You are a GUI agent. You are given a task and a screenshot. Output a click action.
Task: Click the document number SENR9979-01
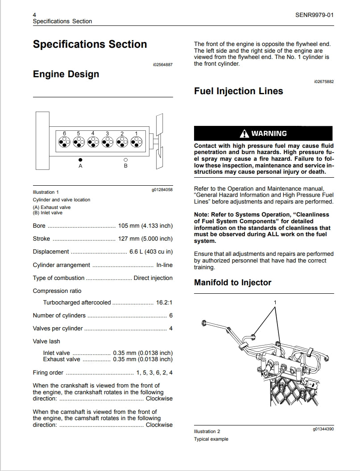pos(314,15)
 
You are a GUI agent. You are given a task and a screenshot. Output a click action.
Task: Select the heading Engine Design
pos(66,74)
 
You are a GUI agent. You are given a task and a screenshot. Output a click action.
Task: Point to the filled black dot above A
pos(80,159)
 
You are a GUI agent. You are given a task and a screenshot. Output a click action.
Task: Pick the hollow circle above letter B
pos(125,159)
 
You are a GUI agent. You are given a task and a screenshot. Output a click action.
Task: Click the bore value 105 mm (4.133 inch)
pos(145,226)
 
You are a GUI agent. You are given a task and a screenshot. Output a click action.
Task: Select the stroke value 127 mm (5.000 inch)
pos(145,239)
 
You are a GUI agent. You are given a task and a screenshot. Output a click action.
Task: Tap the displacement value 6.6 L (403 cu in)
pos(151,252)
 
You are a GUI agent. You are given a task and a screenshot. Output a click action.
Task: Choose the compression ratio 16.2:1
pos(164,303)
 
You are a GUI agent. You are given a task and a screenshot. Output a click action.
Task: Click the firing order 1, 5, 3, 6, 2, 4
pos(154,373)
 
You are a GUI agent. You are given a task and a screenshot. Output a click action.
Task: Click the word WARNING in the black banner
pos(269,133)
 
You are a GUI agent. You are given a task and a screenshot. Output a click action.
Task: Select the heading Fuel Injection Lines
pos(238,91)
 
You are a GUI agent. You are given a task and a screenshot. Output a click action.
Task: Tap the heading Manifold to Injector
pos(232,283)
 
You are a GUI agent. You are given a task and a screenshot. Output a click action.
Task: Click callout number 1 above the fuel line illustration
pos(275,303)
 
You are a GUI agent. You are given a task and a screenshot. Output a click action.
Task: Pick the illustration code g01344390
pos(323,429)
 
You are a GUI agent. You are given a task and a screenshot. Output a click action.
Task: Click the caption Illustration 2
pos(207,432)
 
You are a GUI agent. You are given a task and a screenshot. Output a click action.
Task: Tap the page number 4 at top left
pos(35,15)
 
